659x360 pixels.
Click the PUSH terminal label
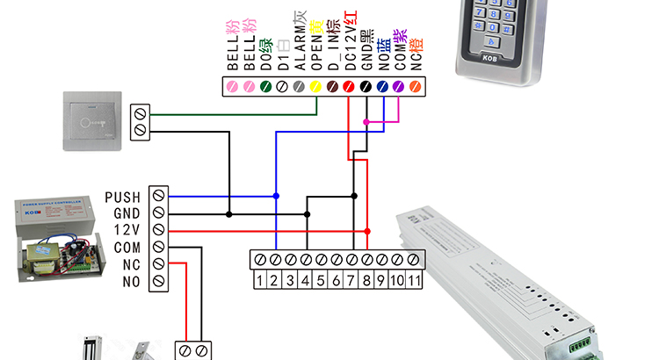pyautogui.click(x=122, y=197)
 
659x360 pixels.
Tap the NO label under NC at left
pyautogui.click(x=131, y=281)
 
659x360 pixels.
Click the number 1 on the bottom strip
pyautogui.click(x=260, y=280)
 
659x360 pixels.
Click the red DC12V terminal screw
pyautogui.click(x=349, y=86)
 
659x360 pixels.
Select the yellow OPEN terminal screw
pyautogui.click(x=315, y=86)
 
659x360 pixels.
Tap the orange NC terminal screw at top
pyautogui.click(x=416, y=86)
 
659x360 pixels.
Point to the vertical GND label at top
pyautogui.click(x=366, y=49)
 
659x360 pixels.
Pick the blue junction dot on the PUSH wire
pyautogui.click(x=277, y=196)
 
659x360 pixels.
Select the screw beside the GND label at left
pyautogui.click(x=158, y=212)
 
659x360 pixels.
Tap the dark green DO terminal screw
pyautogui.click(x=265, y=86)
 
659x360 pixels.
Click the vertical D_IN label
pyautogui.click(x=333, y=49)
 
